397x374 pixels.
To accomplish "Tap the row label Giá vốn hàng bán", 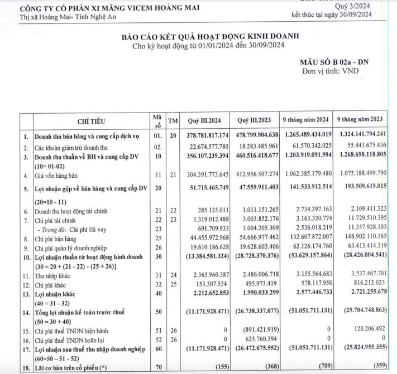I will [x=58, y=176].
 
